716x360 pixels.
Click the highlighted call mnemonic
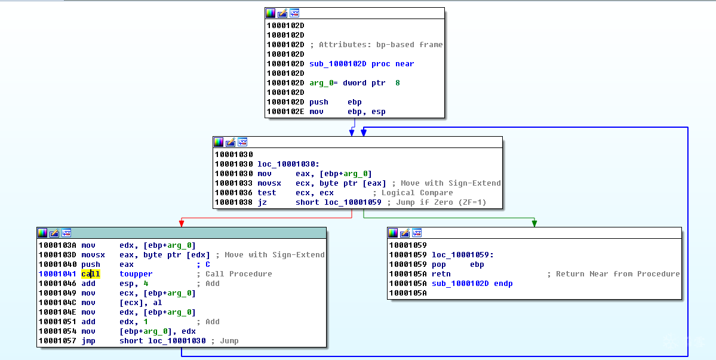click(x=90, y=274)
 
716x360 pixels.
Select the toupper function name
click(x=136, y=274)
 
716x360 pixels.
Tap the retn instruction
click(x=441, y=274)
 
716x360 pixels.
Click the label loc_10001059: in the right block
click(x=462, y=255)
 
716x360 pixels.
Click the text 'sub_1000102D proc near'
click(x=361, y=64)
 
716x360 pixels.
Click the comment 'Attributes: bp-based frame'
click(x=380, y=45)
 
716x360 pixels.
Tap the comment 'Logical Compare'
click(x=412, y=193)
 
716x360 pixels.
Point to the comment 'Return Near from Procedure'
click(x=617, y=274)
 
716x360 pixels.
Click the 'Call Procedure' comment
click(x=238, y=274)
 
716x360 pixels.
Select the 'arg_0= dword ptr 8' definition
click(x=354, y=83)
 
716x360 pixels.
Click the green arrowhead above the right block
click(x=534, y=223)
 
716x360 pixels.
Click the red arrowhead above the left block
click(x=181, y=223)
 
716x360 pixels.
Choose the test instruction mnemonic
click(x=267, y=193)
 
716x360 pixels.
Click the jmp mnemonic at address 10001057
click(x=88, y=341)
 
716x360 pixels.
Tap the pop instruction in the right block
click(x=438, y=264)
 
